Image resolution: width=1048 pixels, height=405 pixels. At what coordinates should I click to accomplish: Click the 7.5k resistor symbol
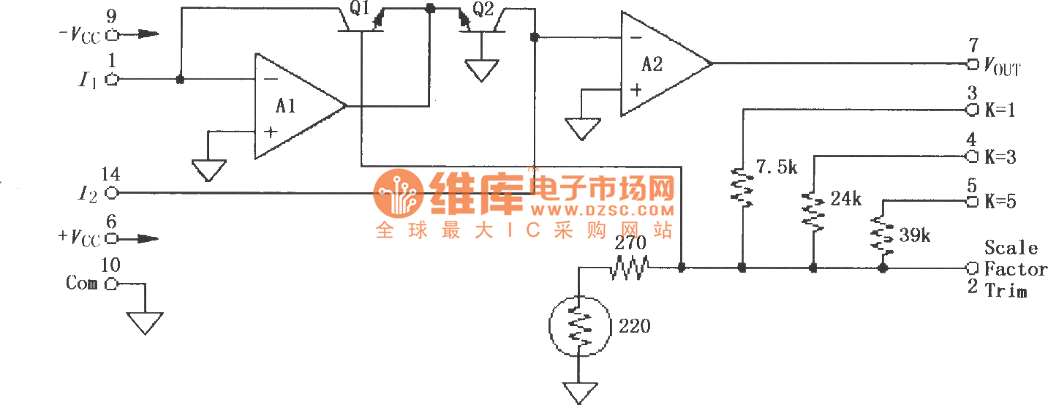(x=742, y=186)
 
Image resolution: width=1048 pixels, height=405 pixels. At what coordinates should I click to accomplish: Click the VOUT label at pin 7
(x=1001, y=68)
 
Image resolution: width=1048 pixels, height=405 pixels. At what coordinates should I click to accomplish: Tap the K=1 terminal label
(x=1000, y=110)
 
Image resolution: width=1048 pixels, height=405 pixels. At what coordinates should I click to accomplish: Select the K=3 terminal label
(x=1000, y=157)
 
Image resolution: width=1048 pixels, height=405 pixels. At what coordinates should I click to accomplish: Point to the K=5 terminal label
(x=1000, y=202)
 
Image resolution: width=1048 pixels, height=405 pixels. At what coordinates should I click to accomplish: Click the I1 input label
(x=86, y=80)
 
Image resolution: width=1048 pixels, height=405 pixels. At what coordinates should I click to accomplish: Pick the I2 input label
(x=86, y=194)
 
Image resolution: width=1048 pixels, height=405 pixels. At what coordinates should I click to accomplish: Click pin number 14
(x=111, y=175)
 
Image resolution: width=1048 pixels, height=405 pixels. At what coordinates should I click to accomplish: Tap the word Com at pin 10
(x=81, y=284)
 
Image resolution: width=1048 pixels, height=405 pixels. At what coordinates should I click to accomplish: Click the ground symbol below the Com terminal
(x=145, y=321)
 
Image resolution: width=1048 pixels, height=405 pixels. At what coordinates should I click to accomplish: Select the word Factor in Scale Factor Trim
(x=1016, y=269)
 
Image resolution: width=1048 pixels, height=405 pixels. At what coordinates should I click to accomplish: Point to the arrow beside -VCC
(x=142, y=34)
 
